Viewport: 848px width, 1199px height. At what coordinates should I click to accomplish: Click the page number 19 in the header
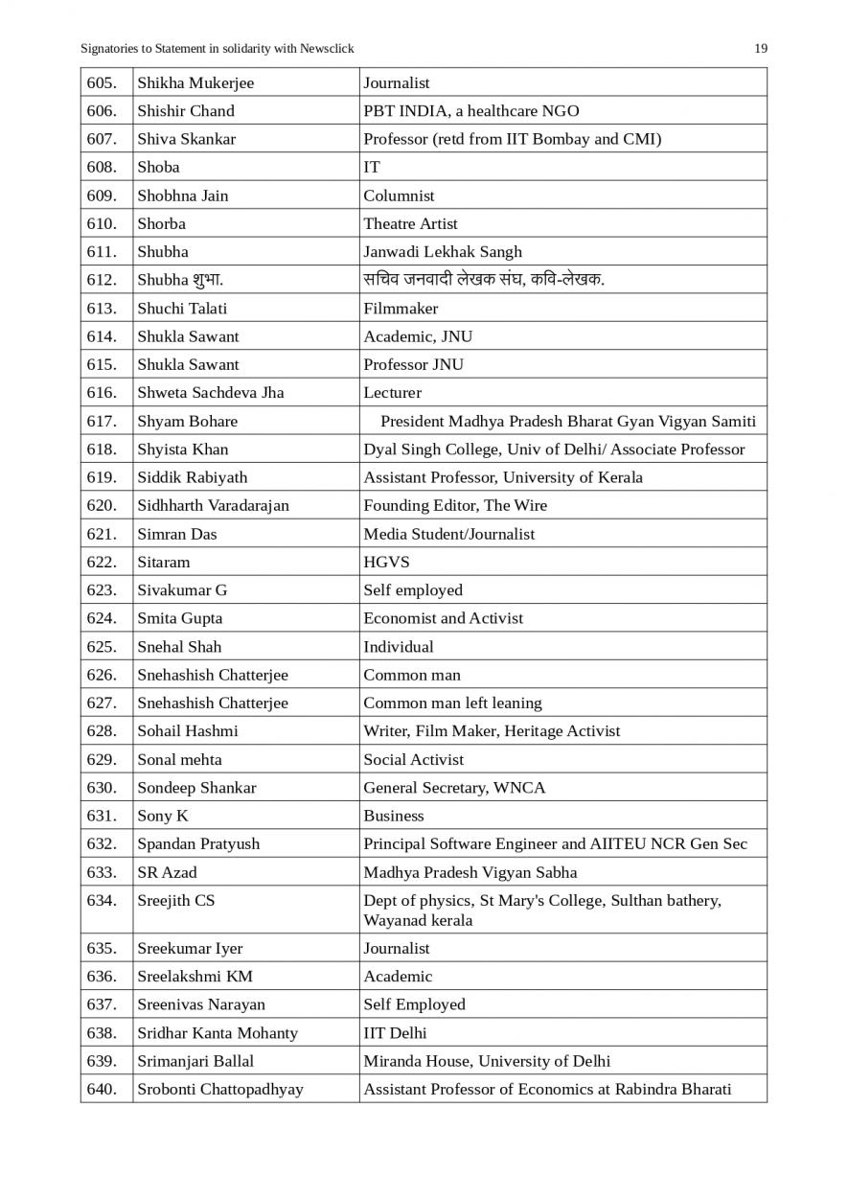click(x=760, y=49)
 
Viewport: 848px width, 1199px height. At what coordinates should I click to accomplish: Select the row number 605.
click(x=102, y=83)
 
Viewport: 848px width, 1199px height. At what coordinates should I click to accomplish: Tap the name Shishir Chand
click(x=186, y=111)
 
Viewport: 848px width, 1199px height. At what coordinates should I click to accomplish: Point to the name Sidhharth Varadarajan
click(x=213, y=506)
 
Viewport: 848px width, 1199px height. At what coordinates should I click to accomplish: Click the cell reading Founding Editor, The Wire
click(x=455, y=506)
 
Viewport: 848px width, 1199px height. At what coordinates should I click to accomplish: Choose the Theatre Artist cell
click(x=410, y=224)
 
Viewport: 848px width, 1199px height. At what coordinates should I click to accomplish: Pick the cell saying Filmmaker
click(x=401, y=309)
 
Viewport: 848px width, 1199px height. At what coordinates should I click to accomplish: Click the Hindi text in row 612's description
click(x=484, y=280)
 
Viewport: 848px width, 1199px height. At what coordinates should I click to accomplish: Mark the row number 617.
click(x=102, y=422)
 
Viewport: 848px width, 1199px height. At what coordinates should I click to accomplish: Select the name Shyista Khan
click(x=183, y=450)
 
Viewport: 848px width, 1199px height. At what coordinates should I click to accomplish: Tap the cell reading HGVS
click(x=386, y=563)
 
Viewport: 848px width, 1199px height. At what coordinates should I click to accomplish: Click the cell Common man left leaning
click(x=452, y=703)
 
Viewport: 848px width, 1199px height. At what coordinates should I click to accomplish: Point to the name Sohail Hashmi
click(x=188, y=731)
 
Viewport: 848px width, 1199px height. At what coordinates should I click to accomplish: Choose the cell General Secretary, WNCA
click(x=454, y=788)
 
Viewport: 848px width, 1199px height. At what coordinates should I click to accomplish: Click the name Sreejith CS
click(x=176, y=901)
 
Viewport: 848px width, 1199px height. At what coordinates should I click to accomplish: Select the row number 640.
click(x=102, y=1090)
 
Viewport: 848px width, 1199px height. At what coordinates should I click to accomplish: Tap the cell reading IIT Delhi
click(x=395, y=1033)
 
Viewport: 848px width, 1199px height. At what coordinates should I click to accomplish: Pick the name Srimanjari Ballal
click(x=195, y=1062)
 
